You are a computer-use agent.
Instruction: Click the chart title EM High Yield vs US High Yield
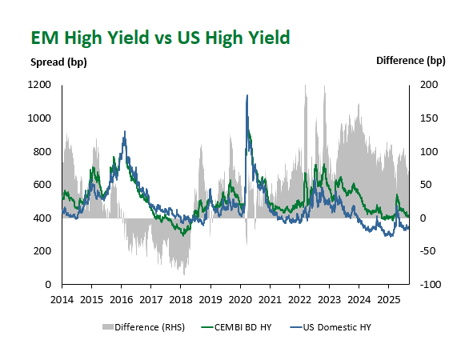point(160,38)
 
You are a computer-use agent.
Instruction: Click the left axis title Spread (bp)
point(58,62)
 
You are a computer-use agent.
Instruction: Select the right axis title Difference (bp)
point(411,61)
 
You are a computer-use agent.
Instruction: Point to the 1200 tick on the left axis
point(39,85)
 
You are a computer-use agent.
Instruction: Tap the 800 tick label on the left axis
point(42,151)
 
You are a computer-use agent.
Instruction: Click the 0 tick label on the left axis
point(48,284)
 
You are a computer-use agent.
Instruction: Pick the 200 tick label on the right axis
point(429,85)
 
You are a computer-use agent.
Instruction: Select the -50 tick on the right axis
point(428,251)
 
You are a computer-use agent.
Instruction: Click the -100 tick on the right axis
point(431,284)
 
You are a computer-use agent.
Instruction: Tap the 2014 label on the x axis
point(62,300)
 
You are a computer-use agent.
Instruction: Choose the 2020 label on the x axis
point(240,300)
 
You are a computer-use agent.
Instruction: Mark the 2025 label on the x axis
point(388,300)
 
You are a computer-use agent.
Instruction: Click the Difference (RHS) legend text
point(150,327)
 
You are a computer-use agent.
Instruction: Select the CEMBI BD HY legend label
point(243,327)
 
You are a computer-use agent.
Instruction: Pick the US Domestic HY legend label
point(337,327)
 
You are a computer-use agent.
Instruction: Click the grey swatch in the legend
point(108,327)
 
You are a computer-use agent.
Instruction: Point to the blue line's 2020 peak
point(247,95)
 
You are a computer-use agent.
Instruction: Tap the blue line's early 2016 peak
point(125,131)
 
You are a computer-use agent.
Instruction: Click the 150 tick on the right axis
point(429,118)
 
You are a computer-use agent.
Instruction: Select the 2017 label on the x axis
point(151,300)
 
